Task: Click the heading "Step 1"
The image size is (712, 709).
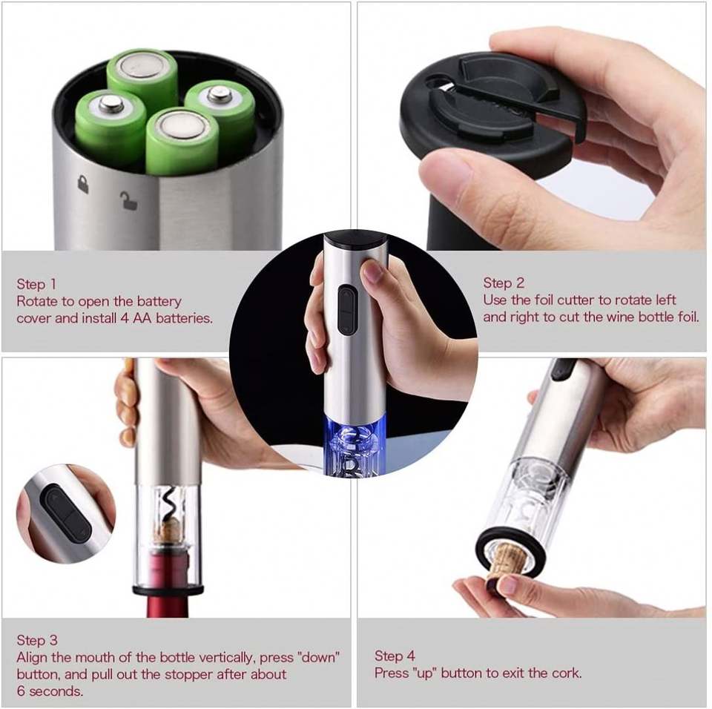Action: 36,284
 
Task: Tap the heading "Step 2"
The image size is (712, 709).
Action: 503,283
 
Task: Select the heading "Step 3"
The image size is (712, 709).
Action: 37,641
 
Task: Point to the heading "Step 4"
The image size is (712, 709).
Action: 395,656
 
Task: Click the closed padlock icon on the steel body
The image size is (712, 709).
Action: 82,184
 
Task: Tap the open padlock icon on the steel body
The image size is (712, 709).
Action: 128,200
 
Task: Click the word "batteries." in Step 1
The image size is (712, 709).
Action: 184,318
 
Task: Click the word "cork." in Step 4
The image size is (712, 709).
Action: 567,673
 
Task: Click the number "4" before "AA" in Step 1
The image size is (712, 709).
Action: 124,318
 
